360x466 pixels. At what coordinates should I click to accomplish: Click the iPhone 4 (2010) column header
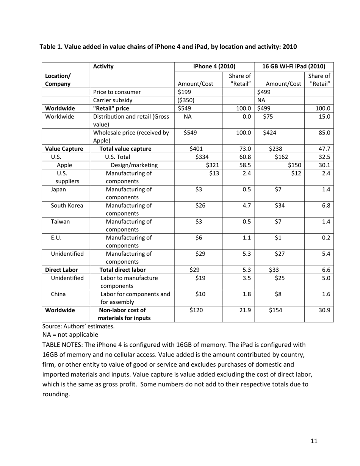(x=214, y=66)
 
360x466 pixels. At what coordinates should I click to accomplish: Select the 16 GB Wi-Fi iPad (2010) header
(x=294, y=66)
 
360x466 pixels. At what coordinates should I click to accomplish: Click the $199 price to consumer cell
(x=184, y=92)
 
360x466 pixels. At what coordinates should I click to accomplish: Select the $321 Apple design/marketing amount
(x=213, y=165)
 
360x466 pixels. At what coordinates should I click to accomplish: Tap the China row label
(x=59, y=294)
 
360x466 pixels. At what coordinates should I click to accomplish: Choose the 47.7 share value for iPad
(x=324, y=149)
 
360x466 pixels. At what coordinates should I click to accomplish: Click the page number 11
(x=314, y=441)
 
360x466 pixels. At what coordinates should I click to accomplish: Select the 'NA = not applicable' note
(x=70, y=335)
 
